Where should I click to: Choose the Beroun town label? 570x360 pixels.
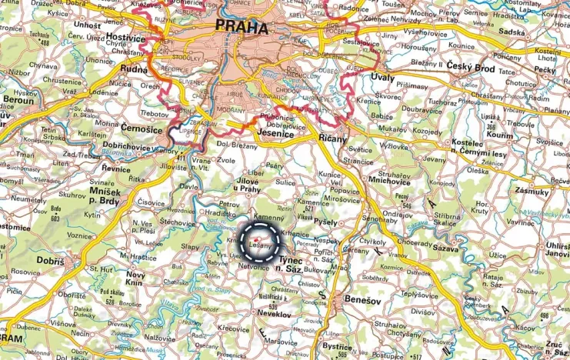(x=20, y=100)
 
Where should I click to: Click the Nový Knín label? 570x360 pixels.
(x=135, y=279)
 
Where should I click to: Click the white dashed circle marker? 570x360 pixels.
(x=261, y=244)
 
